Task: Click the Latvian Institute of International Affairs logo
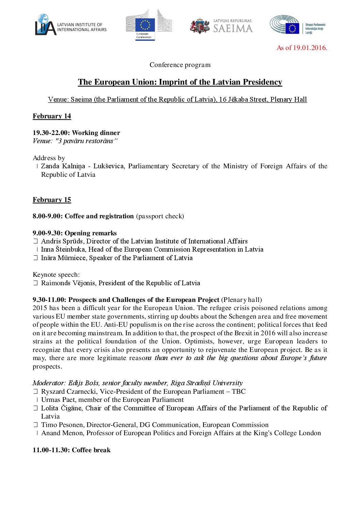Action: point(70,25)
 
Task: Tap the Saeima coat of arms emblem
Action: point(200,26)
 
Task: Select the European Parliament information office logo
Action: point(297,25)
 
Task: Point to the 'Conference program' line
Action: point(180,65)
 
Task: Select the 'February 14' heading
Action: point(52,116)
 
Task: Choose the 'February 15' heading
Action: point(52,200)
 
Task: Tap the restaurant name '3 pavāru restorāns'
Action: point(85,141)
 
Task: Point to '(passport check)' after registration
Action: point(160,216)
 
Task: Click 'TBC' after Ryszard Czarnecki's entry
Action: point(239,392)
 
